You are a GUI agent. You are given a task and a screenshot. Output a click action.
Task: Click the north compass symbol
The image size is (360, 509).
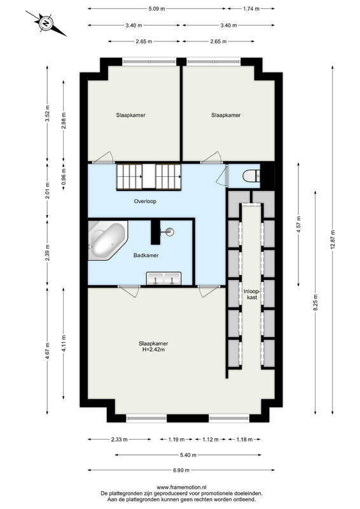coord(46,23)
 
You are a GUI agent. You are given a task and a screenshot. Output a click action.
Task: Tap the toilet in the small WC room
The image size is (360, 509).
coord(251,176)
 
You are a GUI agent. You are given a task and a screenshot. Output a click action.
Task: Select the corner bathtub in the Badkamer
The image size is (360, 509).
coord(107,241)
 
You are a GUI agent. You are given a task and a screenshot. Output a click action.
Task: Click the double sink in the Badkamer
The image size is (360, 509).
coord(163,279)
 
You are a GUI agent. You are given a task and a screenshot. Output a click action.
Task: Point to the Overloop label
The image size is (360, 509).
coord(145,201)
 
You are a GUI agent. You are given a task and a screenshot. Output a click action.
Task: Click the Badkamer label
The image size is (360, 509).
coord(146,256)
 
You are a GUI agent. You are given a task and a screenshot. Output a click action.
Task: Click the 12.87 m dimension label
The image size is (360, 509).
coord(333,240)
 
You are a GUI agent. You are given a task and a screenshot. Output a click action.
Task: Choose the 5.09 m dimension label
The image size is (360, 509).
coord(157,9)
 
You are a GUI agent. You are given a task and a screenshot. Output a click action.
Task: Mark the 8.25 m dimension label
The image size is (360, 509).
coord(315,302)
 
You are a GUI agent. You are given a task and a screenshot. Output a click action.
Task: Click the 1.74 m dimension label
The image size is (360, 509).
coord(251,9)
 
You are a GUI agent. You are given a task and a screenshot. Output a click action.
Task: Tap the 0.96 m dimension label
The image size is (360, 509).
coord(64,176)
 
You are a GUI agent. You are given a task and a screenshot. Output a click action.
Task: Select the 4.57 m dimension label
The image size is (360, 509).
coord(299,224)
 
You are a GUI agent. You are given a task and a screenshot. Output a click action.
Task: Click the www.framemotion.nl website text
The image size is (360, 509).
coord(181,487)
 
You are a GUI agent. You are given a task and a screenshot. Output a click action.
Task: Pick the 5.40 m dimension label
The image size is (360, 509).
coord(188,455)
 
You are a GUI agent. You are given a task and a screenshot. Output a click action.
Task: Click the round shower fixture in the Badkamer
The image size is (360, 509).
coord(169,232)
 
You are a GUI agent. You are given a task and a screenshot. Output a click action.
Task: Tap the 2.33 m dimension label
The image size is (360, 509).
coord(120,440)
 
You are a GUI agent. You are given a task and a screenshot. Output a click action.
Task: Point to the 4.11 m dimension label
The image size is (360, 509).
coord(64,344)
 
